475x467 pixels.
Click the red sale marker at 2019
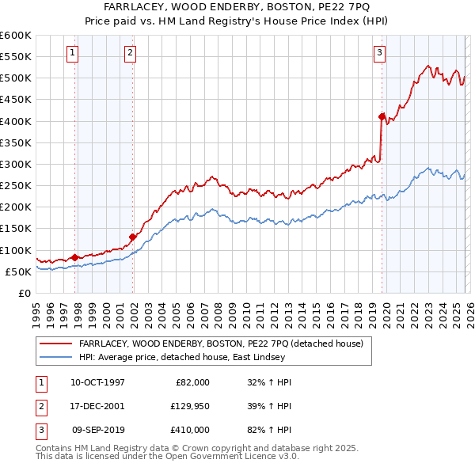tap(382, 117)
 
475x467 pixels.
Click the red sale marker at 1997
tap(74, 257)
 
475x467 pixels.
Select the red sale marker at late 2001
tap(132, 237)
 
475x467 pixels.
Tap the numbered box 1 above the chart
tap(72, 53)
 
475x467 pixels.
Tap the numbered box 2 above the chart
tap(130, 53)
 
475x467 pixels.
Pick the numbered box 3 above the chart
tap(379, 53)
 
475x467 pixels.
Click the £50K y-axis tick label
tap(18, 271)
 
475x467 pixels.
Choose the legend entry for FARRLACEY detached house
tap(221, 344)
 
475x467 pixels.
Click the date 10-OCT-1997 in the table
tap(97, 382)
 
